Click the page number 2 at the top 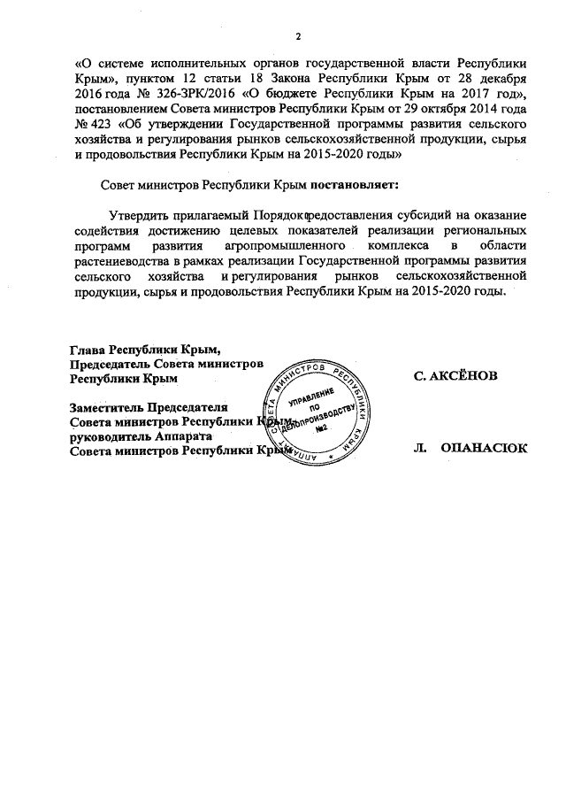pos(298,35)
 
